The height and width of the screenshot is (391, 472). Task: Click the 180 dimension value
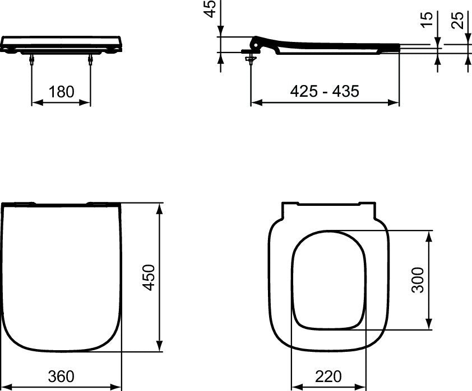click(61, 92)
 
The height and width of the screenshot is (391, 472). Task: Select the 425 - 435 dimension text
click(324, 91)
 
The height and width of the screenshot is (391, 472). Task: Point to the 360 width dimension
click(61, 376)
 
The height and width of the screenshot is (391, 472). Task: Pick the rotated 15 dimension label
click(428, 20)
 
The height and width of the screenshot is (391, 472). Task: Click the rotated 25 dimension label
click(459, 20)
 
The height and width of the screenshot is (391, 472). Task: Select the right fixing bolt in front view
click(90, 61)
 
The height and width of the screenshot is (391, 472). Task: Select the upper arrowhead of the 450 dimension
click(161, 208)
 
